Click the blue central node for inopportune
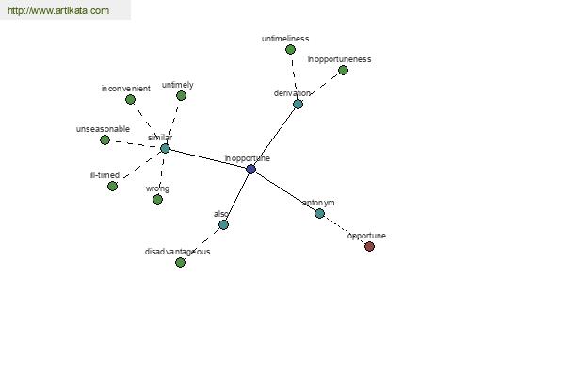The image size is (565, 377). [250, 169]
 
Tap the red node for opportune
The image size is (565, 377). [369, 246]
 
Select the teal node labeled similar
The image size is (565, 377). [165, 148]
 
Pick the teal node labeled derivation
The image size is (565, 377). [298, 105]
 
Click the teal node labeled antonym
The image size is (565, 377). [319, 214]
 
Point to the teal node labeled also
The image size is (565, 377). [223, 224]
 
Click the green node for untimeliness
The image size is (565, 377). [290, 49]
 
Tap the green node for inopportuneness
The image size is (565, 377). [343, 71]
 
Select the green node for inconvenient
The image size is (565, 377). [131, 99]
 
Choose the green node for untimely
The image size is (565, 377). [181, 95]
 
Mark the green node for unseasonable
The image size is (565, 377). [105, 139]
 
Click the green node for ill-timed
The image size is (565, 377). [112, 187]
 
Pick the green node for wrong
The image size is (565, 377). [157, 199]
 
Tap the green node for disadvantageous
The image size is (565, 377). [180, 262]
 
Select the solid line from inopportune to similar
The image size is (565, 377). [208, 158]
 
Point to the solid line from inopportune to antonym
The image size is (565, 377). [285, 191]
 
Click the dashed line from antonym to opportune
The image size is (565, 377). [345, 230]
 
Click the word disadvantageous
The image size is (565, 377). [177, 252]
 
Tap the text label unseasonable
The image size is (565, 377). [103, 129]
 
